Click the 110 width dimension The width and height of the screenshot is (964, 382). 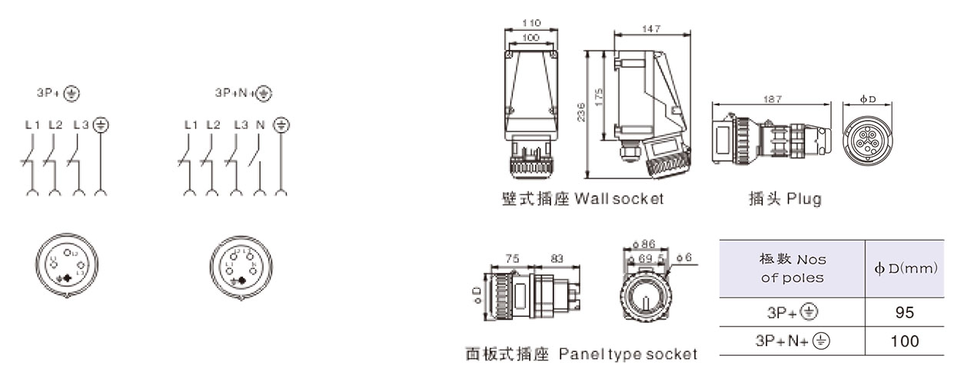click(x=530, y=23)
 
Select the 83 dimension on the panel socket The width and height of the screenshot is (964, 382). click(x=559, y=259)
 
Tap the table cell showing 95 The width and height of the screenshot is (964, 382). click(x=904, y=312)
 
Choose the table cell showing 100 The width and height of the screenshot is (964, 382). click(x=904, y=340)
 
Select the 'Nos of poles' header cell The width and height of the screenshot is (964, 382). click(x=792, y=269)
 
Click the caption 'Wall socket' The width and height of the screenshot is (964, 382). click(x=619, y=199)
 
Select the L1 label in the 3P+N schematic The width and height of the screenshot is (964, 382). click(x=191, y=125)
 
